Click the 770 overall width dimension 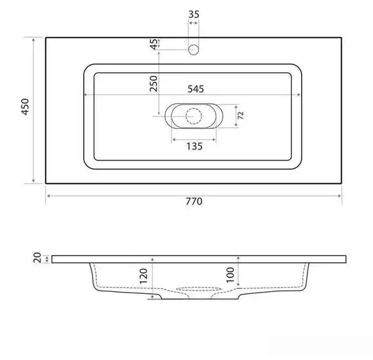(194, 202)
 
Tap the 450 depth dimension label (26, 107)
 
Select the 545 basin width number (196, 89)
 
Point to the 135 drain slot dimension (194, 147)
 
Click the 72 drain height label (241, 116)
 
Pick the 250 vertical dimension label (154, 84)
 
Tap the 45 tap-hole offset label (154, 45)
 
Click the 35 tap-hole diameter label (194, 14)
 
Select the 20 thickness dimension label (37, 258)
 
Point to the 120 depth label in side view (143, 276)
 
